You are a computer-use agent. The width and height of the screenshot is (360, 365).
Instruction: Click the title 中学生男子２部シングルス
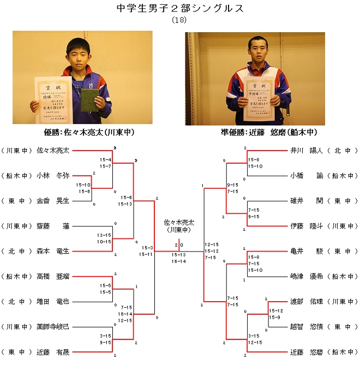(180, 9)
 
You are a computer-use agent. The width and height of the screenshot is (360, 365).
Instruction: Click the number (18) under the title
(179, 20)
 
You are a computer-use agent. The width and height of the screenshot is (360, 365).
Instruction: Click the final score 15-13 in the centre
(178, 255)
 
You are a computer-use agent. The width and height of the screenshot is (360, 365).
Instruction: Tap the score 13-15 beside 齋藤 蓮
(104, 235)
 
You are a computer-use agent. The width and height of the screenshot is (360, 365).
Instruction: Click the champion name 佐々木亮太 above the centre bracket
(178, 223)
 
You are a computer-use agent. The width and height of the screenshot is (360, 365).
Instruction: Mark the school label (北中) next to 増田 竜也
(16, 301)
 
